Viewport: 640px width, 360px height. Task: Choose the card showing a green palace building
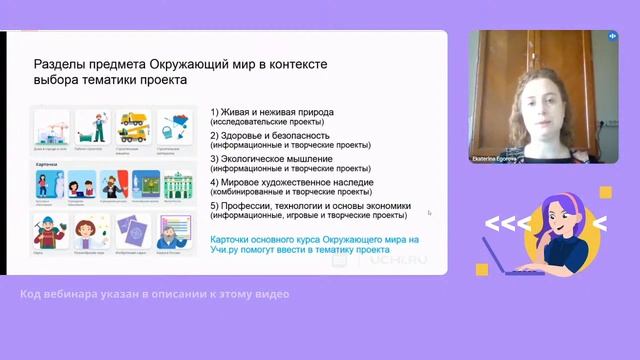pos(175,185)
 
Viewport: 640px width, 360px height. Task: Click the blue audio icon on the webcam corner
pos(611,36)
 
